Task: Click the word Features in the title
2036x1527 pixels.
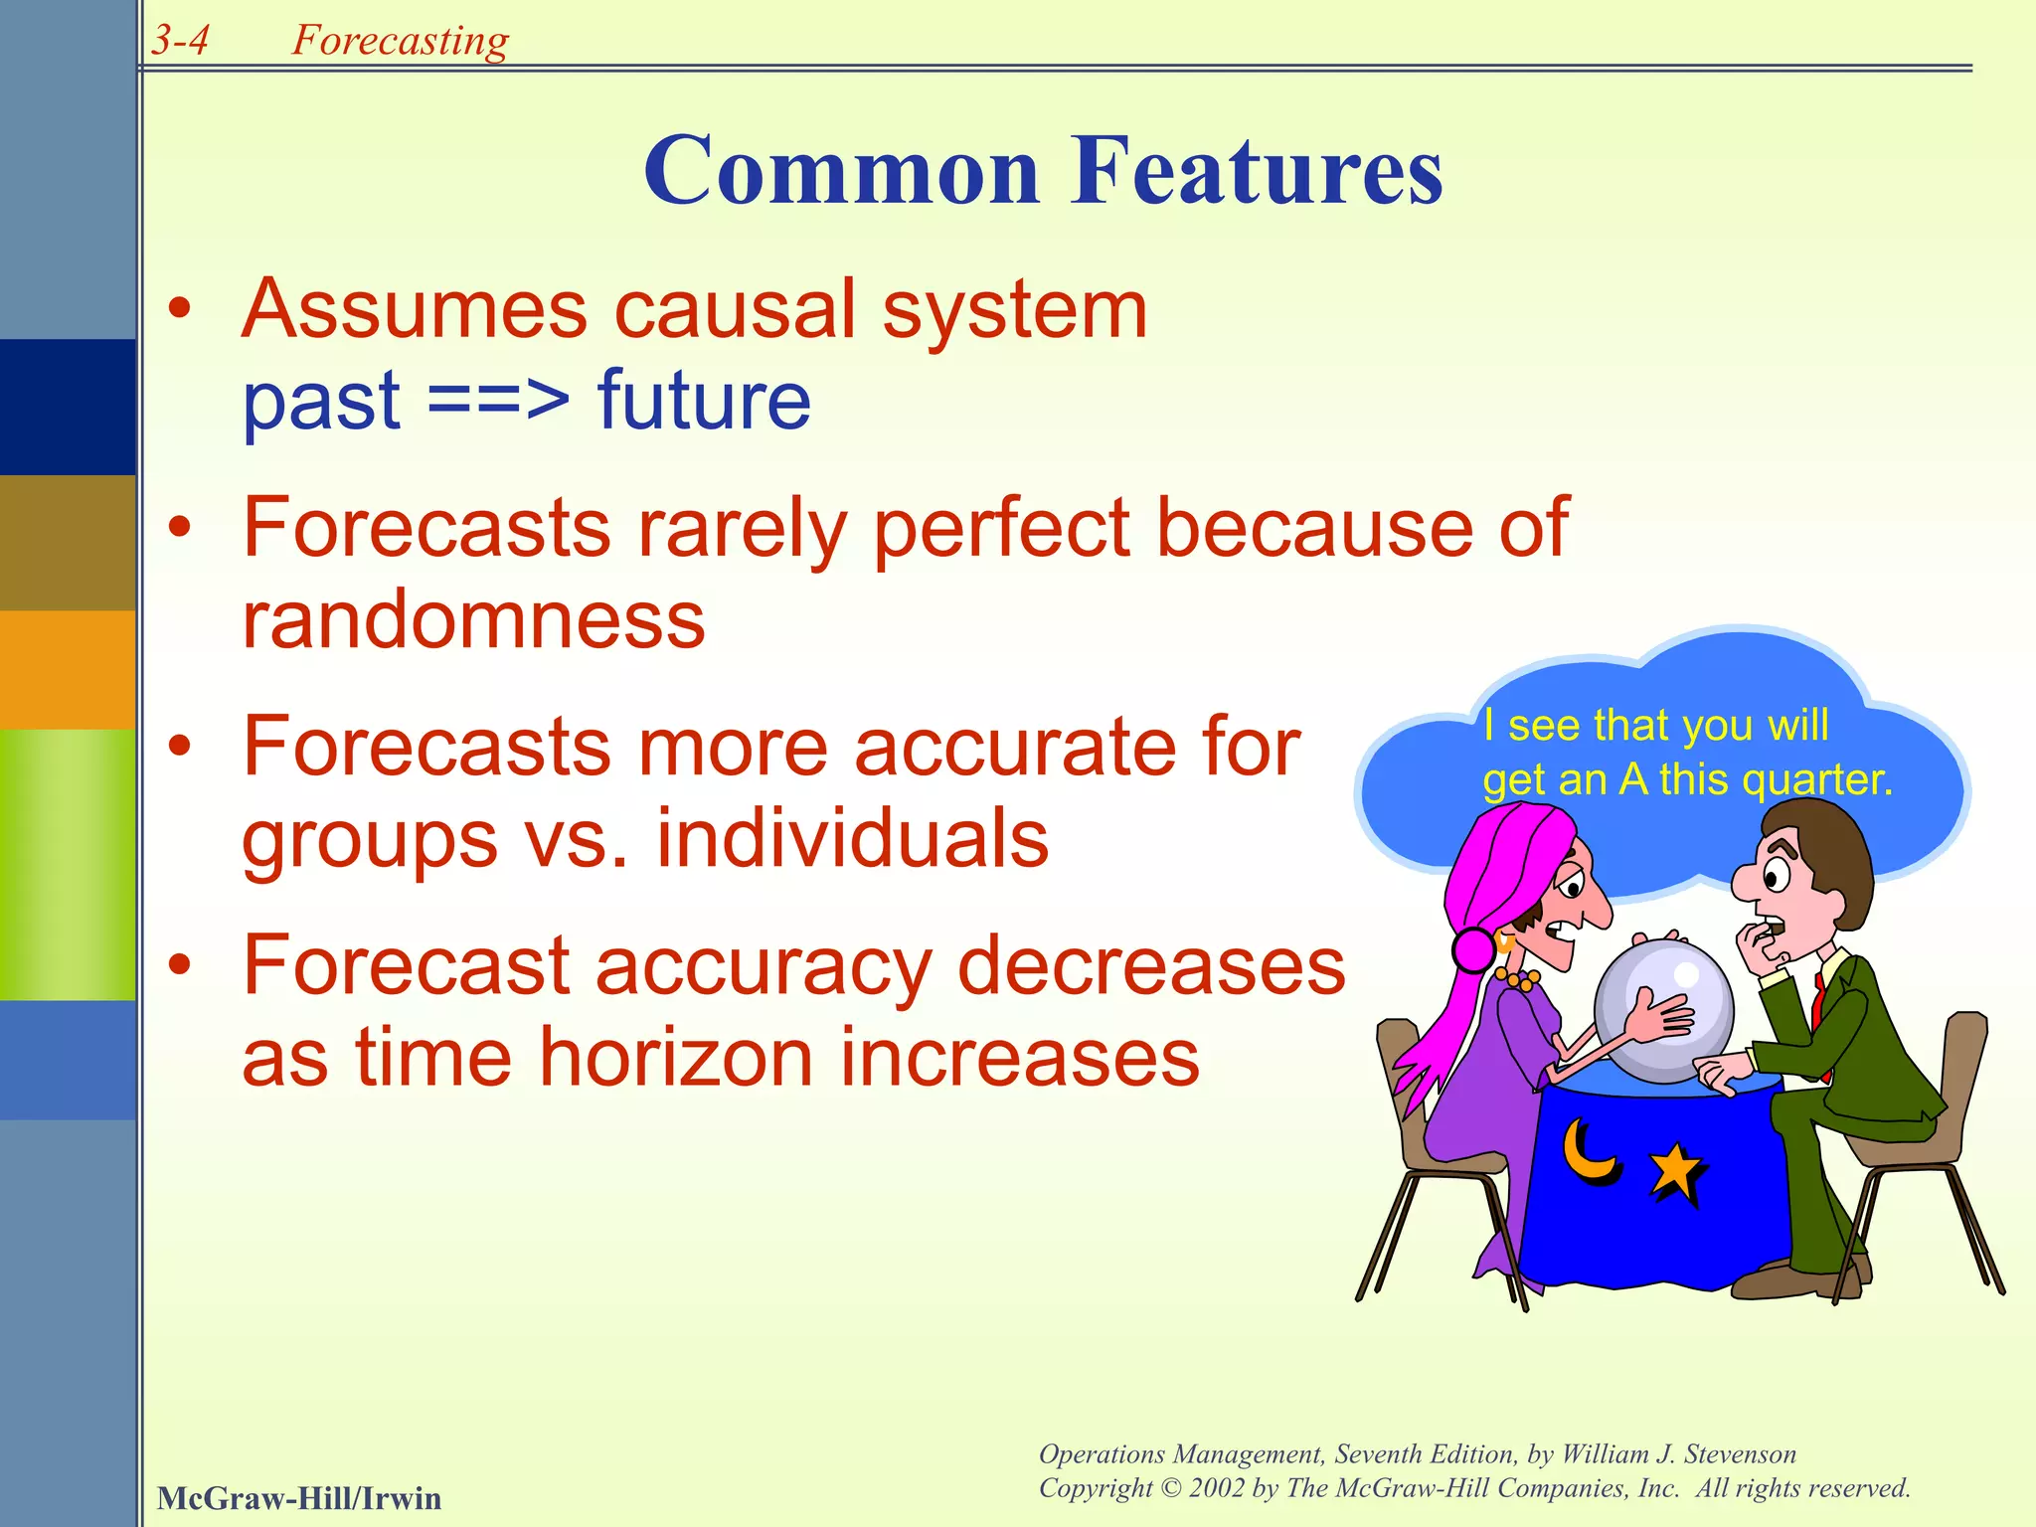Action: tap(1257, 171)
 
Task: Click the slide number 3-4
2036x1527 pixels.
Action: tap(180, 40)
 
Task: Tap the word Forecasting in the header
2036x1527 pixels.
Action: tap(400, 40)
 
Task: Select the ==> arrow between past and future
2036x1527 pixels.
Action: tap(499, 402)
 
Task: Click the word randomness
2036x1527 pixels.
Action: tap(473, 619)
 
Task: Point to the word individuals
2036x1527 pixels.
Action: tap(852, 838)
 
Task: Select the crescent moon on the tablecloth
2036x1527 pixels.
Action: tap(1588, 1153)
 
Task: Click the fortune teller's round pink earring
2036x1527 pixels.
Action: tap(1473, 949)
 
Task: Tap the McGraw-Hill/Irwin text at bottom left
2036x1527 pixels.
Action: tap(298, 1498)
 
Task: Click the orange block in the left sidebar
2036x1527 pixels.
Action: tap(68, 669)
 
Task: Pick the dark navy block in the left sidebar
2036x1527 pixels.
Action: tap(68, 407)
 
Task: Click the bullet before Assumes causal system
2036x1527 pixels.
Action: tap(179, 309)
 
